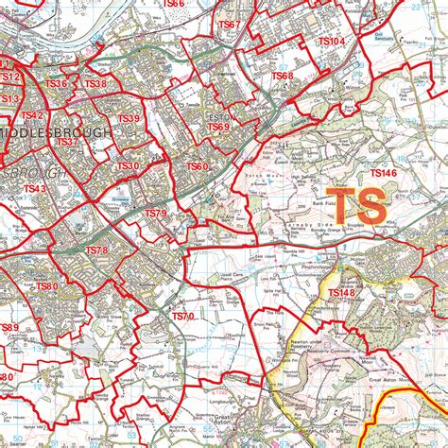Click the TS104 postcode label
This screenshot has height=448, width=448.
click(331, 43)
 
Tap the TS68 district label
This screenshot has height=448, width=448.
click(283, 76)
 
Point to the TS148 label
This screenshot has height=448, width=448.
click(341, 294)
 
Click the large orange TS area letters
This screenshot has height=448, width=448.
click(360, 205)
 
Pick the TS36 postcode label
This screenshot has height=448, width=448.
click(57, 84)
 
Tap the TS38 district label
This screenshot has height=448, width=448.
click(95, 84)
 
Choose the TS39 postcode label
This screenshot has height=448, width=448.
click(129, 118)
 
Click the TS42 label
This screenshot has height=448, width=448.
click(33, 115)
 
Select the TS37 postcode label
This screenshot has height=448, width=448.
click(67, 142)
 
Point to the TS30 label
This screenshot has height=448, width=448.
click(129, 166)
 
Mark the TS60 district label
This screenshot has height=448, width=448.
click(197, 167)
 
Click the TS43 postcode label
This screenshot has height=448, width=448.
click(35, 189)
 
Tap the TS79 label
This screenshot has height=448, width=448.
click(155, 214)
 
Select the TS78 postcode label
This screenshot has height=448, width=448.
click(96, 250)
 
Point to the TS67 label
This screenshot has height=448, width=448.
click(230, 24)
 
